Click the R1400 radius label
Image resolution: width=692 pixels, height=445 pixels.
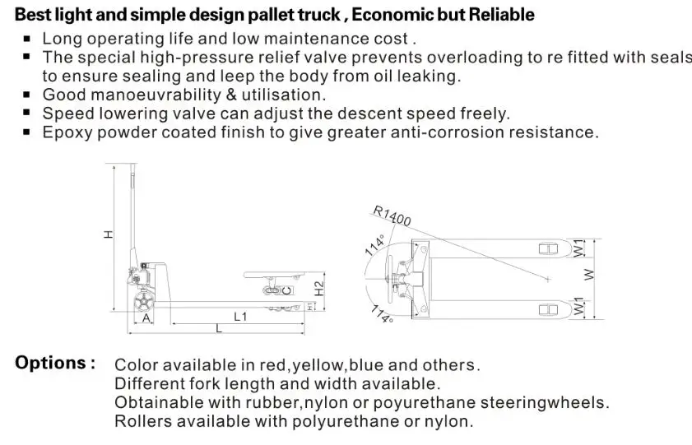point(392,216)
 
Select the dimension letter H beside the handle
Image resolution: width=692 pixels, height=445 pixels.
point(109,235)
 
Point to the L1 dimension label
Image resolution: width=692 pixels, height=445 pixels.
point(241,316)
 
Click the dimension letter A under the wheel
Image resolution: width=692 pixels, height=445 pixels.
point(146,317)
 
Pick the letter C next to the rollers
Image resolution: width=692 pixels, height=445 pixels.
point(286,290)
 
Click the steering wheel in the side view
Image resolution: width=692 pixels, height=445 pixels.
point(145,302)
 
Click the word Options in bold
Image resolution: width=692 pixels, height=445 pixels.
point(54,363)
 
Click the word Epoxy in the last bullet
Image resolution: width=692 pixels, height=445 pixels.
point(67,132)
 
